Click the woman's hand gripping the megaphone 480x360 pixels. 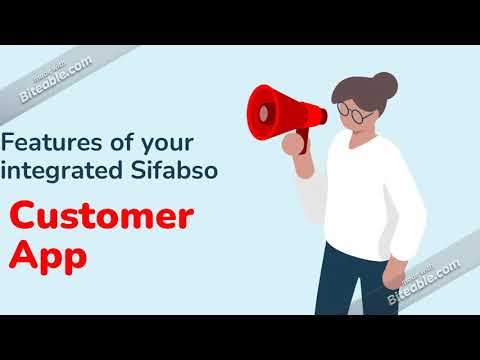pos(297,141)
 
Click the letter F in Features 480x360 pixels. pos(11,141)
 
